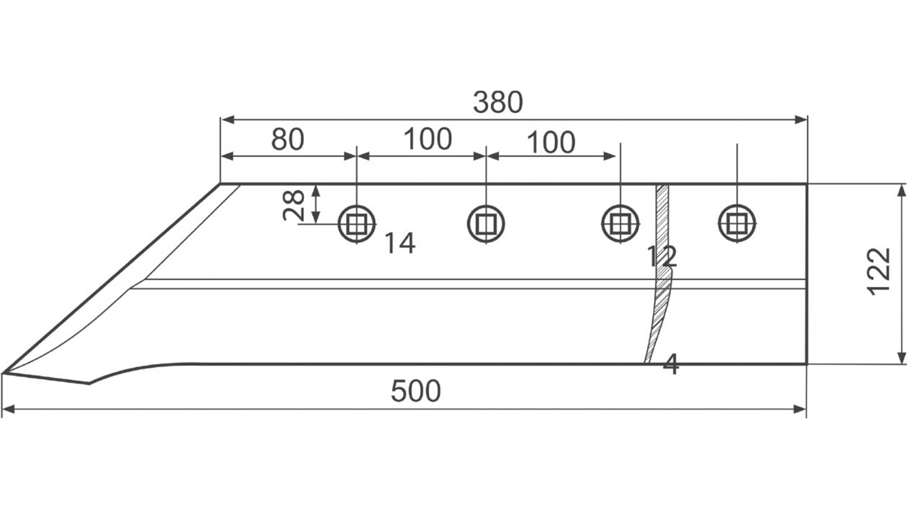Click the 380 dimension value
(498, 102)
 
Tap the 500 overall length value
(416, 391)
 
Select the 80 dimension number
(287, 139)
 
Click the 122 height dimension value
(880, 272)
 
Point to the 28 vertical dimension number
(294, 205)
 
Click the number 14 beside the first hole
(400, 243)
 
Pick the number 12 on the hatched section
(661, 256)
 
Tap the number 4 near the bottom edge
(671, 364)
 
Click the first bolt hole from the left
(357, 224)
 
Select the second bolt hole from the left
(486, 224)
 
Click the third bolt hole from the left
(620, 224)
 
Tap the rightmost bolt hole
(737, 224)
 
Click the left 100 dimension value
(428, 139)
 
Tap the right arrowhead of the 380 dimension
(801, 119)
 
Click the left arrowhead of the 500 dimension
(9, 409)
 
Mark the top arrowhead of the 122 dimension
(902, 190)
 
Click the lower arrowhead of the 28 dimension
(316, 217)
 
